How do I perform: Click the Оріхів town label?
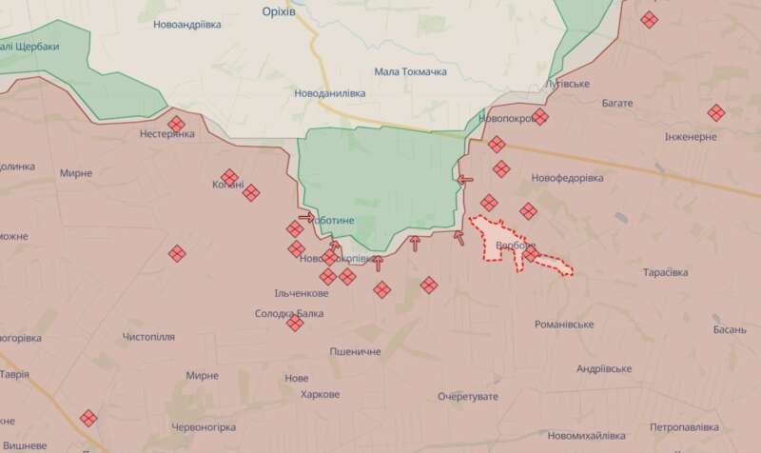point(282,10)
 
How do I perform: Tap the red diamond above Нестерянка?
point(177,124)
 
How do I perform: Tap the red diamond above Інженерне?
point(716,112)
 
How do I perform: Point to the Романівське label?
point(564,325)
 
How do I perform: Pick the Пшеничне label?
point(355,352)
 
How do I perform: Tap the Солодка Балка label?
point(289,313)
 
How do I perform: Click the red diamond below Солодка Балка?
point(295,325)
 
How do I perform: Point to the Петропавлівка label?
point(690,427)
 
